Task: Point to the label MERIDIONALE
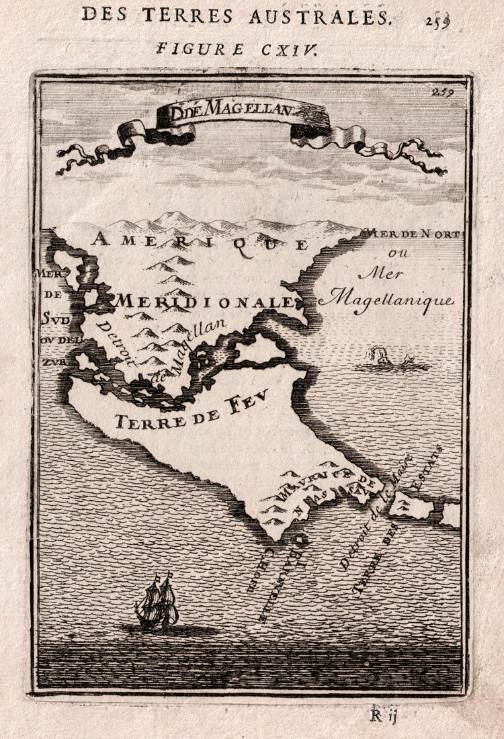[x=205, y=302]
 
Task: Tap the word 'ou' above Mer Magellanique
[x=402, y=254]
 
